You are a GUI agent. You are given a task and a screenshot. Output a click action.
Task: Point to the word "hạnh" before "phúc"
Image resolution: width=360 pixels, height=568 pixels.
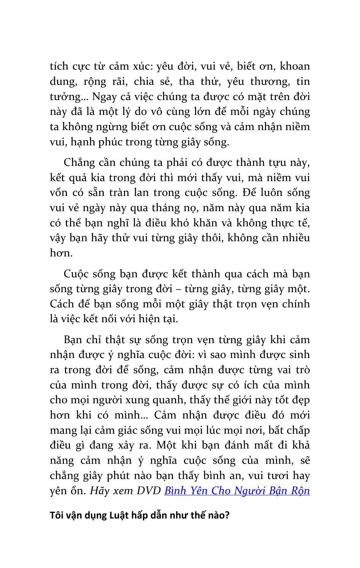[79, 142]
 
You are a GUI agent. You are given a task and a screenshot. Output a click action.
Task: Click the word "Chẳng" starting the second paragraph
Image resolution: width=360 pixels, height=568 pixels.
[77, 162]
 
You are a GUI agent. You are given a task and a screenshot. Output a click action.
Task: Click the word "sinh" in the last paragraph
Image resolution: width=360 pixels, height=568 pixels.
[300, 355]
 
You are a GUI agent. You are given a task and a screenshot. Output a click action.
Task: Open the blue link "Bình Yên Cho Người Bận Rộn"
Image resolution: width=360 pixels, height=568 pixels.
[237, 491]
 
